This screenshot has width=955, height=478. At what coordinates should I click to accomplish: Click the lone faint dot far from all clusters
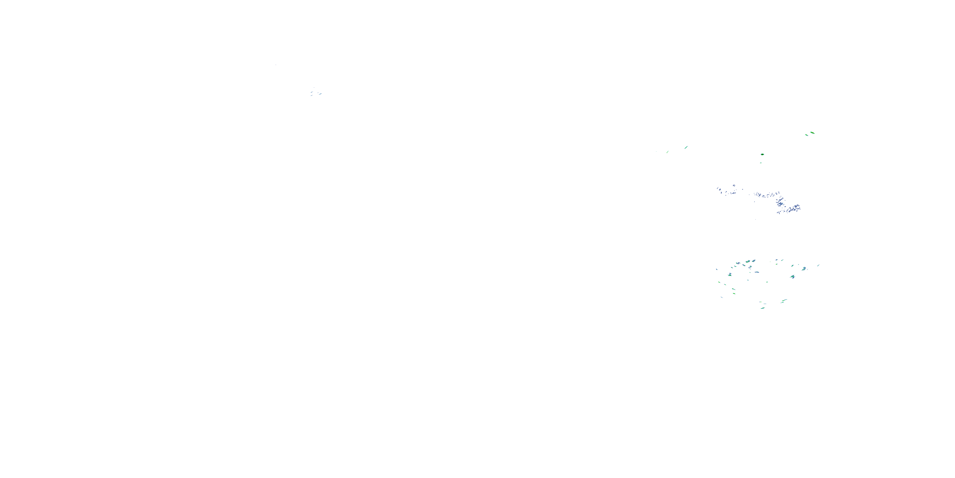tap(276, 65)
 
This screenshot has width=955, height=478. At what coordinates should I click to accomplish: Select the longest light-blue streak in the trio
tap(320, 94)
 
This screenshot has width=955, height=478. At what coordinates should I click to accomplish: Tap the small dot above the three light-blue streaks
tap(314, 88)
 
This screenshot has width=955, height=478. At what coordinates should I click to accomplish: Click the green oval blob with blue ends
tap(762, 154)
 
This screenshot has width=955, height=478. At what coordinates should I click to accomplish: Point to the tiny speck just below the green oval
tap(761, 163)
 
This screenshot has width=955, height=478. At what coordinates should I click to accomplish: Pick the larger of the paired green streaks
tap(812, 133)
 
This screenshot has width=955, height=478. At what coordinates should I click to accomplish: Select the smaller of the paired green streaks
tap(806, 135)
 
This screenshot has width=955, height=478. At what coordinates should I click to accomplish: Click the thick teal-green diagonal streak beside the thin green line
tap(686, 147)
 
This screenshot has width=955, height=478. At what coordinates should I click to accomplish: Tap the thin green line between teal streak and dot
tap(668, 151)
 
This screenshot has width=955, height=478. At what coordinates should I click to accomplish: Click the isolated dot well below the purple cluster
tap(755, 219)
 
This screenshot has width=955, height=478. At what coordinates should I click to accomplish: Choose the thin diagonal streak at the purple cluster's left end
tap(718, 189)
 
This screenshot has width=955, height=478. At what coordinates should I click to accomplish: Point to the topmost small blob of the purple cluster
tap(734, 185)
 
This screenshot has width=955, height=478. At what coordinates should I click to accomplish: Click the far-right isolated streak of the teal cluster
tap(818, 265)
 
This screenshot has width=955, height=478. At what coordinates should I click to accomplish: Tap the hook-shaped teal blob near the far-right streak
tap(804, 268)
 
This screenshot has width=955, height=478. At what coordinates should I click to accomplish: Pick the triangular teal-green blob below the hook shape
tap(793, 277)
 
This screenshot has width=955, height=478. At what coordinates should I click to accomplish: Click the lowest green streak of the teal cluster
tap(762, 308)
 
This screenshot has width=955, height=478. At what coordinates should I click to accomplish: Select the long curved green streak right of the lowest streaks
tap(784, 301)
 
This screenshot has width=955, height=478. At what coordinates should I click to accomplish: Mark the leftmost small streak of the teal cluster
tap(717, 269)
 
